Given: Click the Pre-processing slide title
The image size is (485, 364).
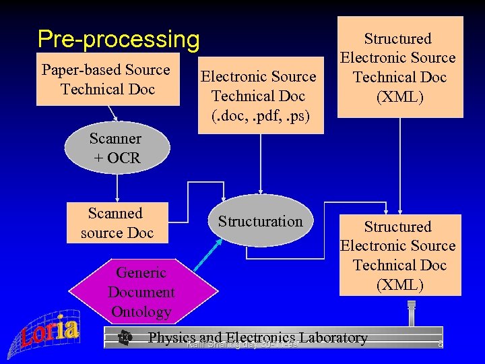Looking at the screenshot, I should [119, 40].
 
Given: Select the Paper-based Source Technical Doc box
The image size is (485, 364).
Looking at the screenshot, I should [108, 80].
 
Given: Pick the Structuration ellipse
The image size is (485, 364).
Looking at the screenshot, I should [260, 222].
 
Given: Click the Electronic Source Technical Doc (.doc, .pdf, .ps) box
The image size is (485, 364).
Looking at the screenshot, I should [258, 96].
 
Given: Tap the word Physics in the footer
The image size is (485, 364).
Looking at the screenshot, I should [171, 338].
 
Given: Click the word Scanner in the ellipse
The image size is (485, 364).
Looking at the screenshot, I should [115, 139].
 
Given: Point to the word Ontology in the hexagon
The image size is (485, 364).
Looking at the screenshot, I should [141, 311].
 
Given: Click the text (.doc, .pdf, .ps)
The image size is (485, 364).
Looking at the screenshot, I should [258, 115].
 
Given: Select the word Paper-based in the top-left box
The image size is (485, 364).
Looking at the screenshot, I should [77, 69].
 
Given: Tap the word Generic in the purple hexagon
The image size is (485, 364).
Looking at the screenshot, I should [141, 273].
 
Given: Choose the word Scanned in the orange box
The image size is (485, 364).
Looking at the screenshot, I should [115, 214].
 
